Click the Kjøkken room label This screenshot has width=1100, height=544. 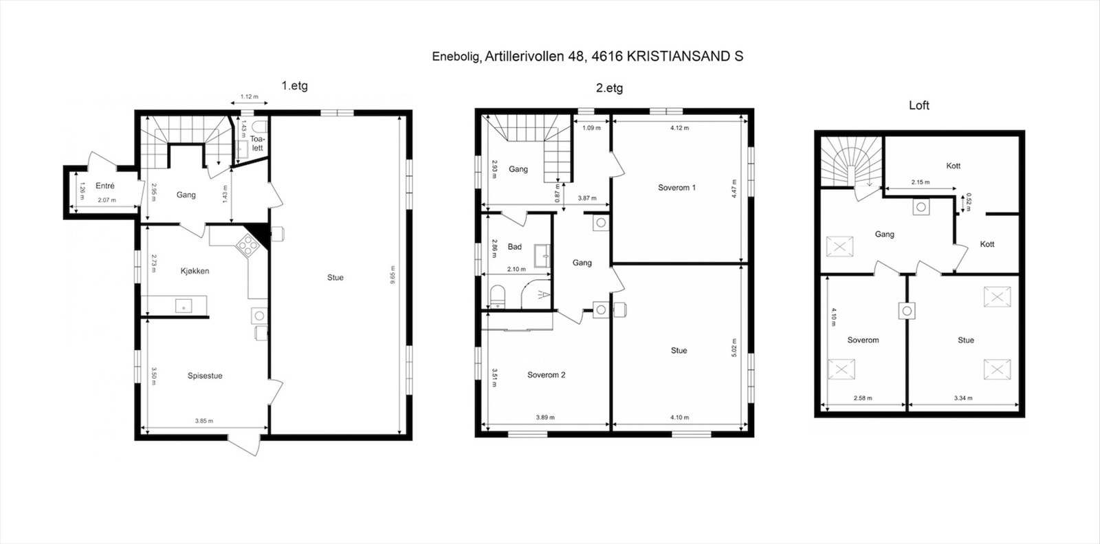[195, 271]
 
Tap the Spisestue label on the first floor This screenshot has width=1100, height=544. [205, 376]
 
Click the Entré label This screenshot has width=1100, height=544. [105, 186]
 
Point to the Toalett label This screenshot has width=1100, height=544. [257, 143]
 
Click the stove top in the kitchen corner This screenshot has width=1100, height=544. [245, 243]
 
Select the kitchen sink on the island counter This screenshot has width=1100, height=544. [183, 305]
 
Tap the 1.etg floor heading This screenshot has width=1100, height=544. [294, 86]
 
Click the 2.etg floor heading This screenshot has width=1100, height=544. [609, 88]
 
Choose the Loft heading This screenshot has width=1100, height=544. [918, 105]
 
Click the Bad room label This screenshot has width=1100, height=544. [515, 247]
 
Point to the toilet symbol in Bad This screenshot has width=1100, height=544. [498, 297]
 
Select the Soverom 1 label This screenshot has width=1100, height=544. [676, 188]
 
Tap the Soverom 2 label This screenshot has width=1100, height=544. [546, 376]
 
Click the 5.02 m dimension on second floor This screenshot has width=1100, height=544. [734, 347]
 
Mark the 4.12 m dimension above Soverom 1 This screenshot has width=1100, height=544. [679, 128]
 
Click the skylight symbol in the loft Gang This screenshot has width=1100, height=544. [839, 246]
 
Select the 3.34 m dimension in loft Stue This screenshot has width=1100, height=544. [964, 398]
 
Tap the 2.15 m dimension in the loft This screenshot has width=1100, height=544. [920, 182]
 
